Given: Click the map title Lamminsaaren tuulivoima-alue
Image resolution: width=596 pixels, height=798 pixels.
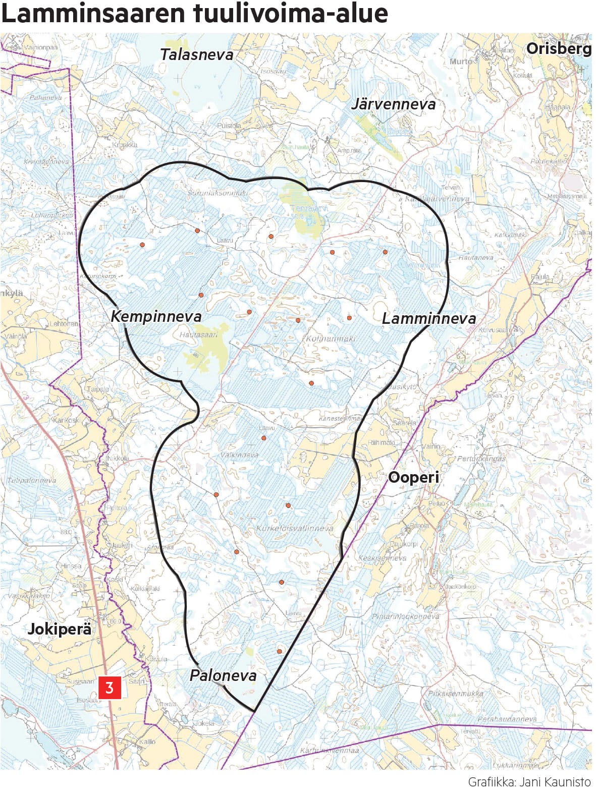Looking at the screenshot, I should point(194,14).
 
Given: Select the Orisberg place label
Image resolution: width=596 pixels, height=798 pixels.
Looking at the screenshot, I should point(558,48).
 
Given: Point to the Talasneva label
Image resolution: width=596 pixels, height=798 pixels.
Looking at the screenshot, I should point(196,54).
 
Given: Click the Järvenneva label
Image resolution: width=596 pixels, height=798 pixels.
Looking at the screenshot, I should point(393,104).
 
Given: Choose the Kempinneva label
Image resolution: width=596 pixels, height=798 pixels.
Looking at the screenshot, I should point(156,316).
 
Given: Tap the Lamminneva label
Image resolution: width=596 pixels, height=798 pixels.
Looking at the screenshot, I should point(428,318).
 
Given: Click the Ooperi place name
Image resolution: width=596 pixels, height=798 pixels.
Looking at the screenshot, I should point(413,477).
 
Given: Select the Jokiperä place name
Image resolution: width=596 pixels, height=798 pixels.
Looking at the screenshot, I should point(60,629).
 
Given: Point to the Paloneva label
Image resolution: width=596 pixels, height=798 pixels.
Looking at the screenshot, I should point(223,675).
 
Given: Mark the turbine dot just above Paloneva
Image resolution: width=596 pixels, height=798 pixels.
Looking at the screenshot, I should point(279,652).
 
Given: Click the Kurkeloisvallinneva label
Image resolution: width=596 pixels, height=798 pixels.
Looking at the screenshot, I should point(295,528).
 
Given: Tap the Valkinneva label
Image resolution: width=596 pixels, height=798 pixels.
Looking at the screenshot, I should point(239,455).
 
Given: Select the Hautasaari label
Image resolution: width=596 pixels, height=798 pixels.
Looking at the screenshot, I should point(198,334).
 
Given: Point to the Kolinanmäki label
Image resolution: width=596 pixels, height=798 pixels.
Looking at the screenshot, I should point(331,338).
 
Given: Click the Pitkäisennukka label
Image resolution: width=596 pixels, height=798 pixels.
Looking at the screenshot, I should point(455,694).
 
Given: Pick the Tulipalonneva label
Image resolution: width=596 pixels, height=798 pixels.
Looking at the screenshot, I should point(31,480).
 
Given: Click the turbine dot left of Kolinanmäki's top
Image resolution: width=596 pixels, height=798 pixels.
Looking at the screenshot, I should point(298,320).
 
